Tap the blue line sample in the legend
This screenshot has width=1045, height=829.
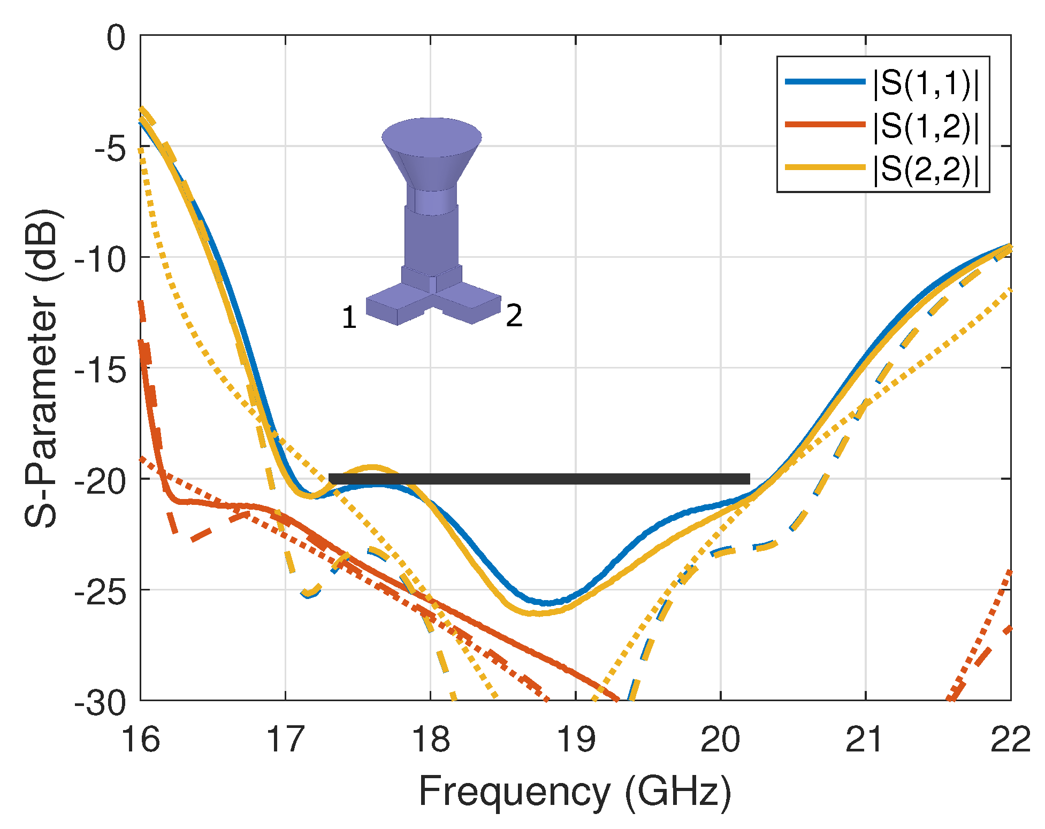tap(825, 82)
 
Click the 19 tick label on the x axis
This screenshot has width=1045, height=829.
tap(576, 740)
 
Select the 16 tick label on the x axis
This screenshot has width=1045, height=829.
tap(141, 740)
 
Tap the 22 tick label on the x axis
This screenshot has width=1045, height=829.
tap(1010, 740)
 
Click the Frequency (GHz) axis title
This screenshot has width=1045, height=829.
tap(575, 790)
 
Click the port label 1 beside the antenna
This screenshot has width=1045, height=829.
tap(349, 317)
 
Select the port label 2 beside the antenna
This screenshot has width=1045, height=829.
tap(514, 316)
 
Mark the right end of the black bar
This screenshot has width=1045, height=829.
tap(747, 479)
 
